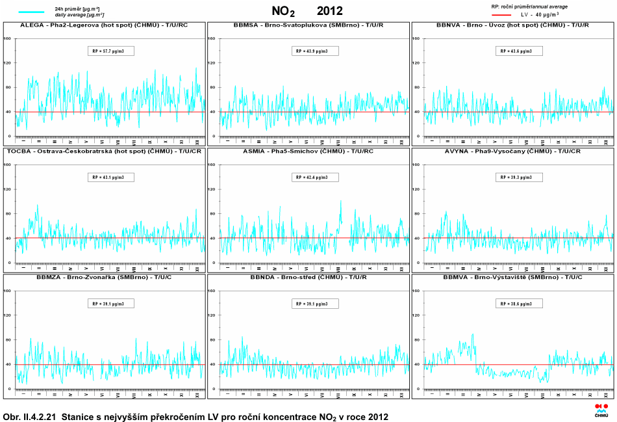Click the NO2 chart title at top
tap(283, 11)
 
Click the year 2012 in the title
tap(329, 10)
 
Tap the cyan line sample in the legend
tap(31, 12)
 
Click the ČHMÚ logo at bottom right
tap(601, 409)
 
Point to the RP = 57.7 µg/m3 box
tap(110, 51)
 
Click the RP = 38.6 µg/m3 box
tap(520, 304)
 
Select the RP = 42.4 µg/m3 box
tap(316, 177)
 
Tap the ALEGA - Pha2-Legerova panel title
tap(104, 25)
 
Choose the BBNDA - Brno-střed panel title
tap(308, 277)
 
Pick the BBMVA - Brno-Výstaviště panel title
tap(513, 277)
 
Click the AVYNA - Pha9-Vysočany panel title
tap(513, 151)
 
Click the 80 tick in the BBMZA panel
tap(8, 339)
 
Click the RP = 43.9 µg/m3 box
tap(316, 51)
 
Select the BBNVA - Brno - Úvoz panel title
tap(513, 25)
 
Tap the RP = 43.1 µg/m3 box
tap(110, 177)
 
